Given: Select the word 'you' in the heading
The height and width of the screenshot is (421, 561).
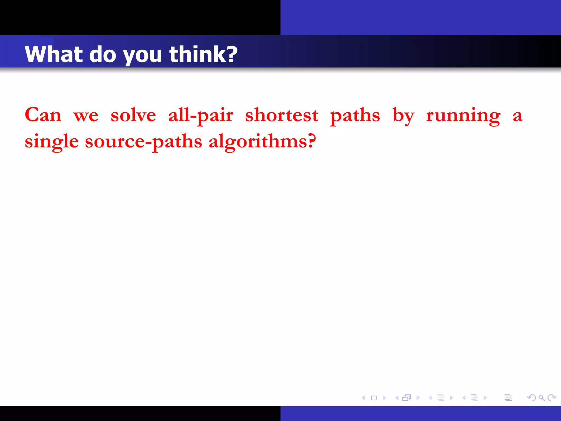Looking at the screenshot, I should pos(142,56).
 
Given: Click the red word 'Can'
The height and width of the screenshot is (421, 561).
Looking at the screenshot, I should pos(43,115).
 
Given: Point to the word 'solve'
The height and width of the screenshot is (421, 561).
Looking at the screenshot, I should pos(133,115).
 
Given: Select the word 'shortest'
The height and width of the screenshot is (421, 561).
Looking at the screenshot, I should pos(282,115).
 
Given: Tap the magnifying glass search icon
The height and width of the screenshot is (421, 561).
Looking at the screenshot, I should pos(541,397).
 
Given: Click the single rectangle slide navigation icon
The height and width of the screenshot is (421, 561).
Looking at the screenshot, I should pos(374,398).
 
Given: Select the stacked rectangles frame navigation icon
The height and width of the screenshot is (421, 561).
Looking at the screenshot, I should pos(407,398).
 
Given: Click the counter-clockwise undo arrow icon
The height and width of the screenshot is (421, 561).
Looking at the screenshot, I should pos(532,397).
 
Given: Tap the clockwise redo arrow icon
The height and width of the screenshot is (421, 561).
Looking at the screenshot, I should pos(551,397).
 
